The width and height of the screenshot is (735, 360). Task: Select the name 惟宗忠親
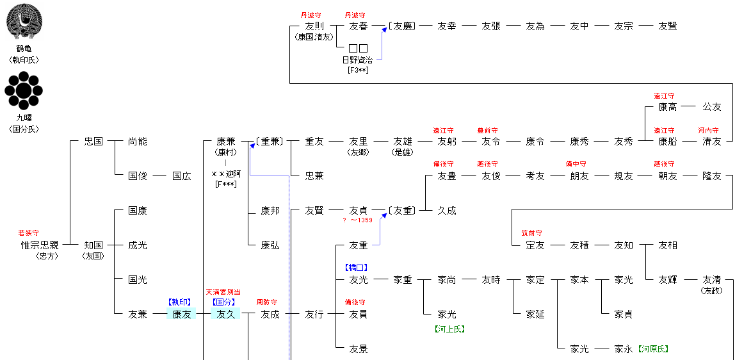tap(39, 245)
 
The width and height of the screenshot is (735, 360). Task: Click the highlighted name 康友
tap(182, 314)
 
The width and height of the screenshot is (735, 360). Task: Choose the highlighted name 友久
tap(226, 314)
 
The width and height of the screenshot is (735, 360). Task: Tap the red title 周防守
tap(266, 302)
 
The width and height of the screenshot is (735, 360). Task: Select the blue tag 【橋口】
tap(359, 267)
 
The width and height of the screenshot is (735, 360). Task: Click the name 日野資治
tap(358, 60)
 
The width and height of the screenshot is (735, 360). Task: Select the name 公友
tap(712, 107)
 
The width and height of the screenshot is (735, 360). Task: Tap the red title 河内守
tap(708, 130)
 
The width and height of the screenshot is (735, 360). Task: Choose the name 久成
tap(446, 210)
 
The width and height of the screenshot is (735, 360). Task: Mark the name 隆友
tap(712, 176)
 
